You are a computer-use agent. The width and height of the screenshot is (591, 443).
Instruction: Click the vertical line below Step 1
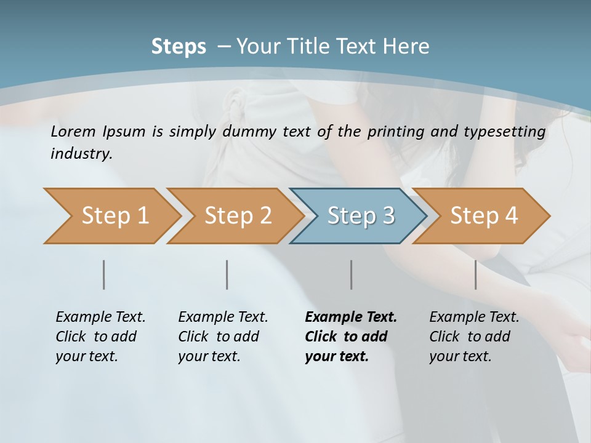[x=103, y=274]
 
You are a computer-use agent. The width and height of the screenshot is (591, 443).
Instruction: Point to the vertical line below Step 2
[x=227, y=274]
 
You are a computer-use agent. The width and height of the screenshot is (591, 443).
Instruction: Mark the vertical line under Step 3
[x=351, y=274]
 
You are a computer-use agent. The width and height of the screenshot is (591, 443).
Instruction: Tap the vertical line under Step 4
[x=475, y=274]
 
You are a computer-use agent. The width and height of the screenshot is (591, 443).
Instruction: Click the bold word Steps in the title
[x=179, y=47]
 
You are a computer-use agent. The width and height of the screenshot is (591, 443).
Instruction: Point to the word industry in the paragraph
[x=81, y=153]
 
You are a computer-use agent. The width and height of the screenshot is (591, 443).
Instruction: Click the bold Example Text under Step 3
[x=351, y=317]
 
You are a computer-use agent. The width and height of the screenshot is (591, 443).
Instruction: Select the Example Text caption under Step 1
[x=100, y=317]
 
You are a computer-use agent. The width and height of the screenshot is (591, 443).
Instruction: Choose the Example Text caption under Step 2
[x=223, y=317]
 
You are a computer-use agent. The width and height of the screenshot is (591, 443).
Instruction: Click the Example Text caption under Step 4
[x=474, y=317]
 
